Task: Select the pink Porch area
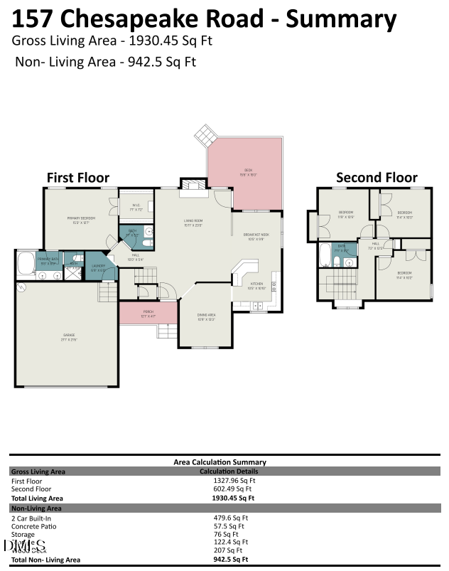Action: pyautogui.click(x=148, y=312)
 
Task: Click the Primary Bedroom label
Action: pyautogui.click(x=81, y=220)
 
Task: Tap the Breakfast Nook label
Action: pyautogui.click(x=256, y=236)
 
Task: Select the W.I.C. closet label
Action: pyautogui.click(x=135, y=208)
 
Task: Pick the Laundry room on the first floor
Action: pyautogui.click(x=98, y=268)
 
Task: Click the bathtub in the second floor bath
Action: pyautogui.click(x=326, y=254)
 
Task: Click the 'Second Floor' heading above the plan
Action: pyautogui.click(x=377, y=177)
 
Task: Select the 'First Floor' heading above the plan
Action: pyautogui.click(x=78, y=177)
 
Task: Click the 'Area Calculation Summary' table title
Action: pyautogui.click(x=220, y=461)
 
